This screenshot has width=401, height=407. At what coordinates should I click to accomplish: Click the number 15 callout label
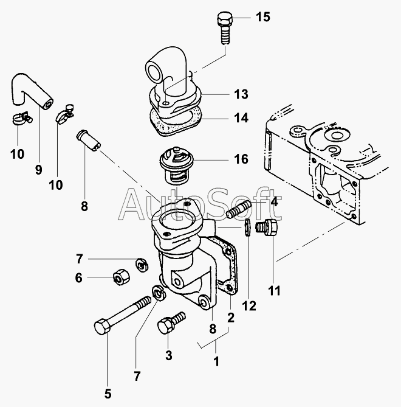point(262,17)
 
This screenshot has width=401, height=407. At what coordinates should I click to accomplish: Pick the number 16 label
point(241,159)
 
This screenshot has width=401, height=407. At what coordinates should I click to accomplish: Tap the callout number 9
point(38,170)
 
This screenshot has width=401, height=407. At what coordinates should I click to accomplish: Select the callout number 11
point(275,291)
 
